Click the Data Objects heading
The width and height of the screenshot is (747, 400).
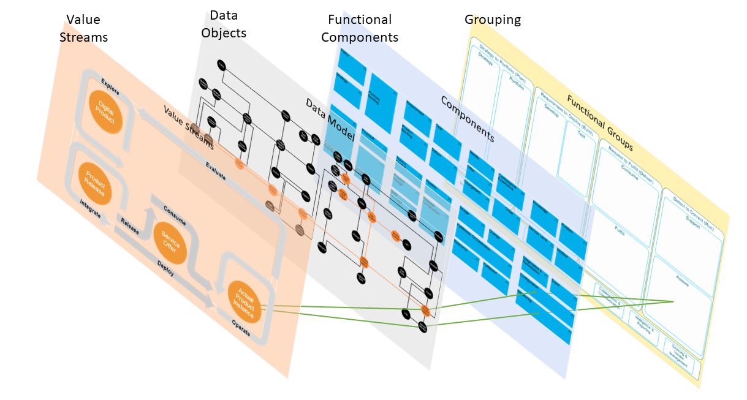tap(224, 23)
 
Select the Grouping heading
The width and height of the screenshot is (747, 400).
tap(493, 20)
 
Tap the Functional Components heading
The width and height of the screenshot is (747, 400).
tap(360, 28)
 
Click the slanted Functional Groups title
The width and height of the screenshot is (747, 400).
tap(599, 123)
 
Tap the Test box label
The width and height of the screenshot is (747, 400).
tap(580, 130)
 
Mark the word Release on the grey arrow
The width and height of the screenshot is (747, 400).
tap(129, 225)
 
